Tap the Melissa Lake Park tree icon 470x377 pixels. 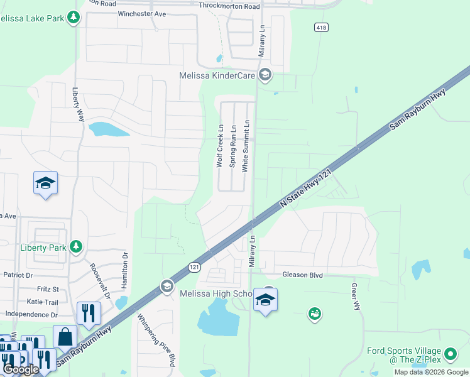click(x=74, y=17)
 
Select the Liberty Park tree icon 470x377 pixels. click(x=76, y=246)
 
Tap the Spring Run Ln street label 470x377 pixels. click(x=232, y=145)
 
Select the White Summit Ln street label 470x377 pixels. click(x=246, y=146)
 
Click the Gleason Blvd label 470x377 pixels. click(x=302, y=275)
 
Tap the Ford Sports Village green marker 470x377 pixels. click(x=450, y=355)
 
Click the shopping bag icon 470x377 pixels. click(x=65, y=336)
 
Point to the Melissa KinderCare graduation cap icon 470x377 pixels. click(x=265, y=75)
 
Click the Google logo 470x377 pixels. click(x=21, y=369)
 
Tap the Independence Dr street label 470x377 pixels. click(x=31, y=314)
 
